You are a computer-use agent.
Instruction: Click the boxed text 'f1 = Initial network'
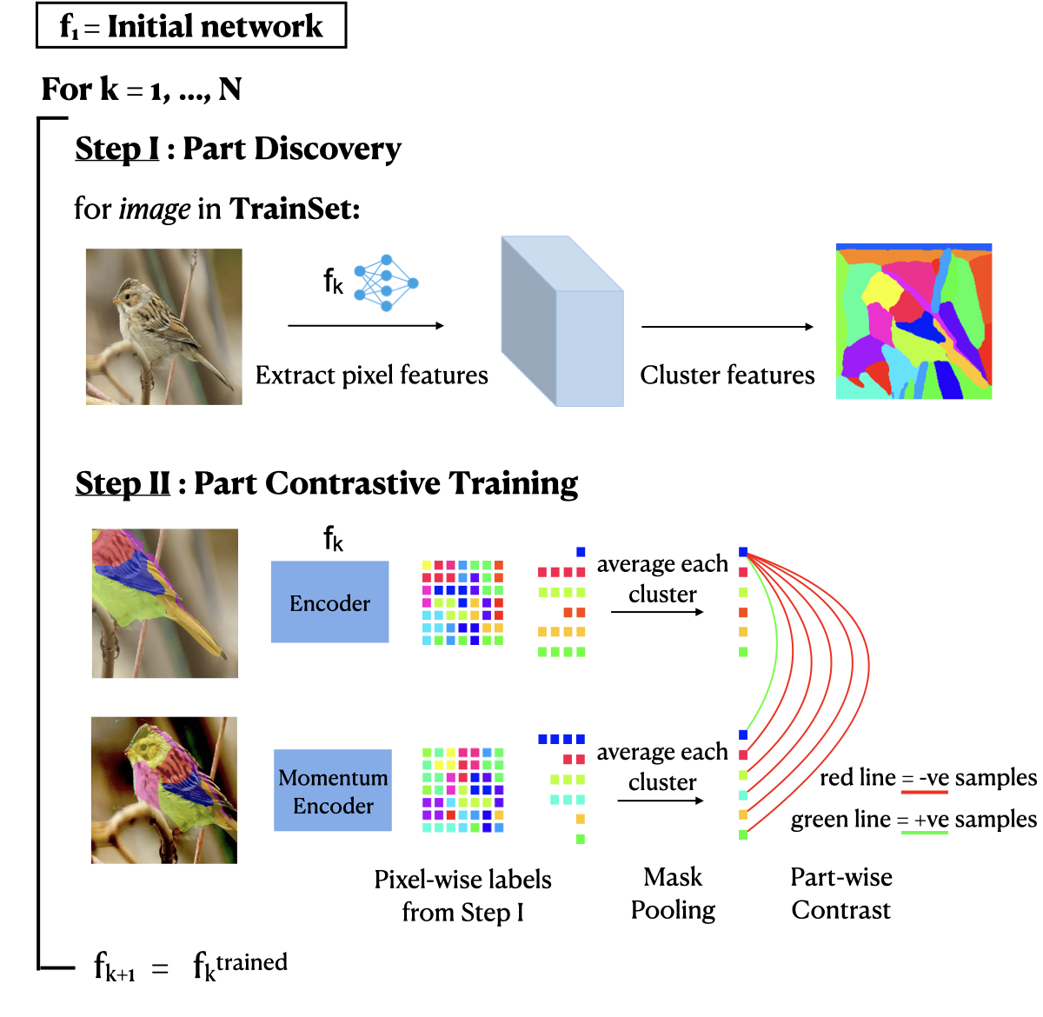[191, 26]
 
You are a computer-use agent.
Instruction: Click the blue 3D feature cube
[561, 322]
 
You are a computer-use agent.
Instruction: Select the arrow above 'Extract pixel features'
[366, 325]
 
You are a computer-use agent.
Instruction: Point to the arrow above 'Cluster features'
[727, 327]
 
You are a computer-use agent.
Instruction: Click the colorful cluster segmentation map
[913, 322]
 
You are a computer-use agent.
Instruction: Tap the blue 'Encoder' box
[329, 602]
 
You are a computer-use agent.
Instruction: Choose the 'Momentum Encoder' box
[333, 791]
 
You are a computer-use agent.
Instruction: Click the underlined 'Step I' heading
[117, 149]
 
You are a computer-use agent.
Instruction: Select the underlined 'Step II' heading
[123, 483]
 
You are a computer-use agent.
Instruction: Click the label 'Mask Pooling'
[673, 894]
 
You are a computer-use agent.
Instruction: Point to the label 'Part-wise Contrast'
[840, 894]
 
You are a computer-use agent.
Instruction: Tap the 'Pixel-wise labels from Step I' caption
[462, 895]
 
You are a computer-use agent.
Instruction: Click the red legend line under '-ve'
[925, 792]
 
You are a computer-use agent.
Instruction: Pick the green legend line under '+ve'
[924, 833]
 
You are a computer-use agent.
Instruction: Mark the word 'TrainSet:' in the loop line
[295, 209]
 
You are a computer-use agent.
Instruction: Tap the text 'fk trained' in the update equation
[240, 965]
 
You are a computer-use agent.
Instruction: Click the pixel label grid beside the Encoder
[462, 602]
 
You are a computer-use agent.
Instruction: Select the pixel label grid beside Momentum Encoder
[462, 789]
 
